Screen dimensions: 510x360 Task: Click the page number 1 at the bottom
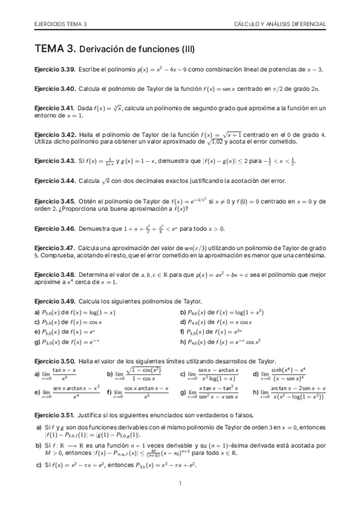pos(180,484)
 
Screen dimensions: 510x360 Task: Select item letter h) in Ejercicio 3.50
pos(255,393)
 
